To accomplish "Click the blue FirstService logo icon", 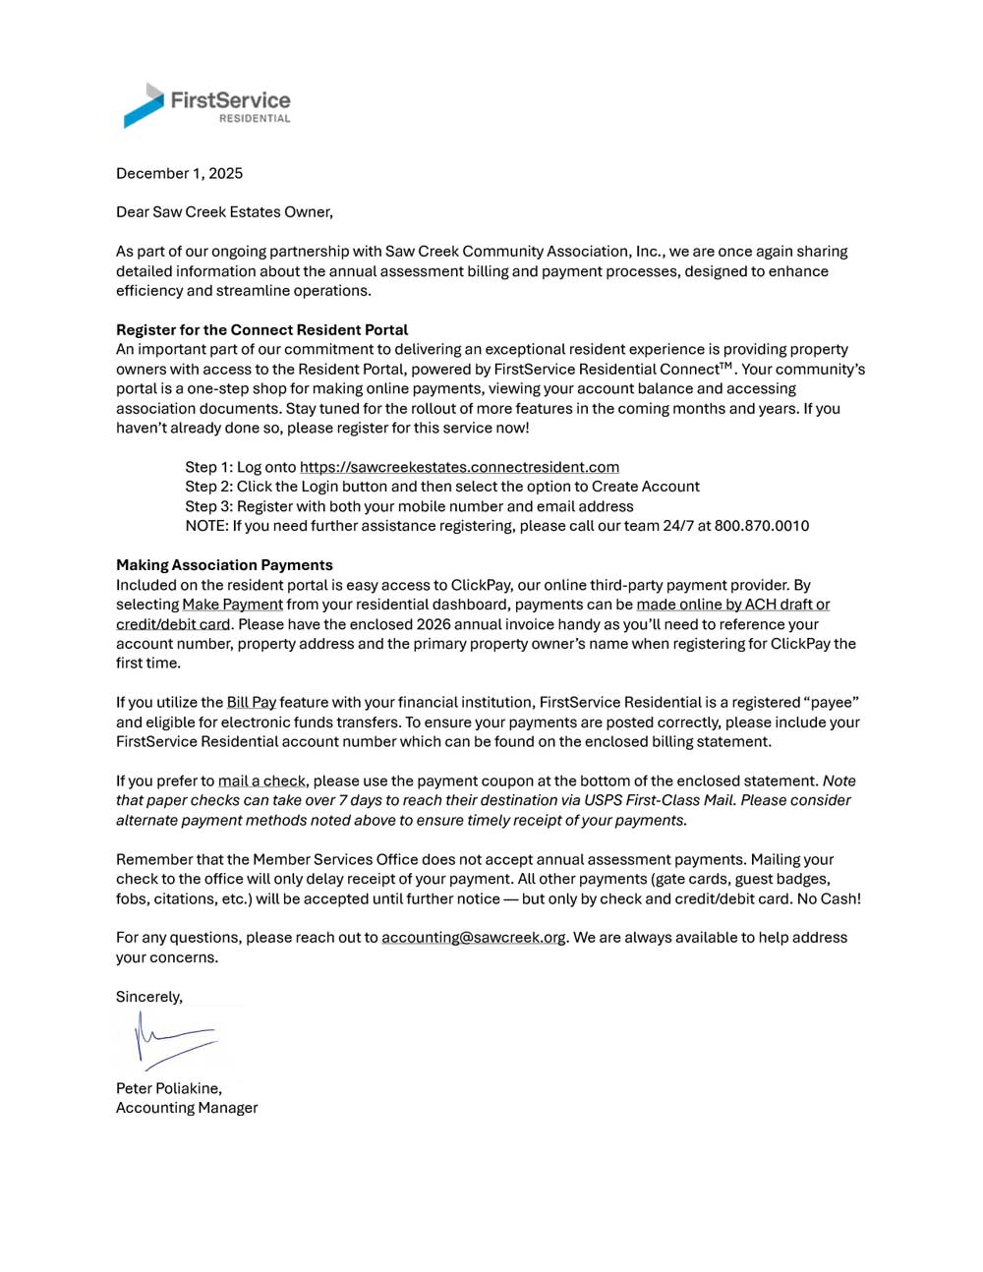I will (x=144, y=105).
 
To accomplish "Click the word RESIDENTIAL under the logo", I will (x=255, y=119).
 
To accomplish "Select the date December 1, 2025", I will (x=179, y=173).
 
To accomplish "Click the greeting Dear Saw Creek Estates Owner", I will (x=224, y=212).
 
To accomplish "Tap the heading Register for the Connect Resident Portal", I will (x=261, y=330).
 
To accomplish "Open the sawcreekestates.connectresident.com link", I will (x=459, y=468).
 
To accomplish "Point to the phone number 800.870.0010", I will (x=762, y=526).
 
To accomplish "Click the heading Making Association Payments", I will (x=224, y=565).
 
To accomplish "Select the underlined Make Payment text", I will (x=232, y=605).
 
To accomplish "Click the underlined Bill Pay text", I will (x=251, y=703).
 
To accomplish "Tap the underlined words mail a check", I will (x=261, y=781).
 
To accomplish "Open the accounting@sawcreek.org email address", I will (x=473, y=938).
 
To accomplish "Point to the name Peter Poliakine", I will (x=168, y=1088).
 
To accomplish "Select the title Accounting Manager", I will (x=187, y=1108).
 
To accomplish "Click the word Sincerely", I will (x=148, y=997).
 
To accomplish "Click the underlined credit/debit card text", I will (x=173, y=624).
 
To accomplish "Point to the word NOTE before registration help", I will (x=204, y=526).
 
